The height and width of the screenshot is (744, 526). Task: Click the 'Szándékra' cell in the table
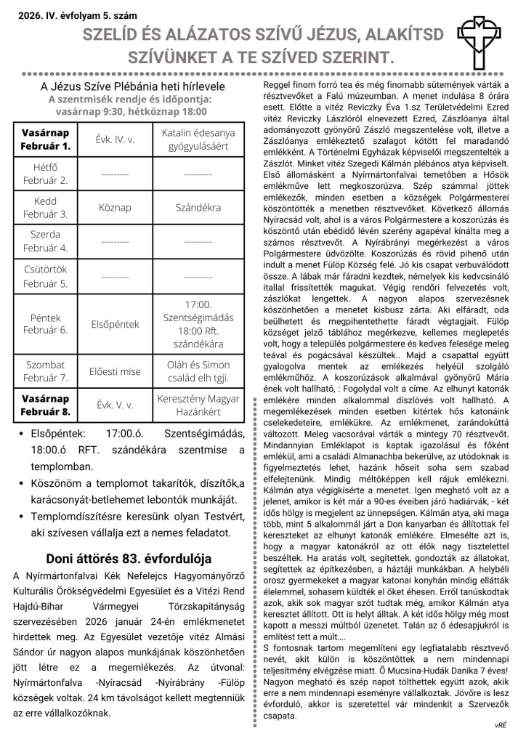click(x=198, y=208)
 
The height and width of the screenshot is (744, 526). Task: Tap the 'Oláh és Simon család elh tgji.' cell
click(x=198, y=371)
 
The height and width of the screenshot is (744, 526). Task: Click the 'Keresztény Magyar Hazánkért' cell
click(x=198, y=405)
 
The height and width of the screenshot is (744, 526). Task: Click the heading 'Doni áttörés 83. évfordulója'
click(x=129, y=559)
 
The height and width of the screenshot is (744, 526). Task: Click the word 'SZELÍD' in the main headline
click(x=116, y=34)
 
